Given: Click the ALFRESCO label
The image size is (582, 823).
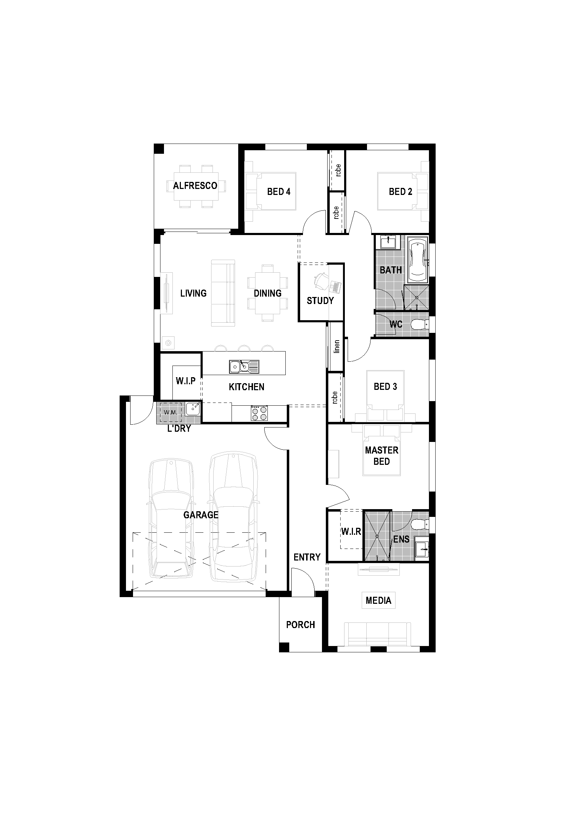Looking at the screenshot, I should pos(195,186).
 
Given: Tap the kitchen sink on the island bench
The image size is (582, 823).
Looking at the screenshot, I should pos(244,367).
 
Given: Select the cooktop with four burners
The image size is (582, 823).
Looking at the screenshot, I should pos(259,413).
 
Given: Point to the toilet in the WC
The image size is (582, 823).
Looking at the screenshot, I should pos(419,325).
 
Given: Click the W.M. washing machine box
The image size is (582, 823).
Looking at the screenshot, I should pos(171,412).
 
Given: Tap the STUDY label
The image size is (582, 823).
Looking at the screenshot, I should pos(320,301).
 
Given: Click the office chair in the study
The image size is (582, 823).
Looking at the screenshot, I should pos(321,280).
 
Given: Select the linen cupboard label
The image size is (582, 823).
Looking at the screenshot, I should pos(336,347).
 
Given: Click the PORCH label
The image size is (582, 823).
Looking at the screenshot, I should pos(300,625).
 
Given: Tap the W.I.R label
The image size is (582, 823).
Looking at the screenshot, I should pos(351,532).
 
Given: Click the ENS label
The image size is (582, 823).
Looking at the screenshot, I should pos(401,539).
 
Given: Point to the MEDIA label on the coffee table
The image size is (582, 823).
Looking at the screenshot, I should pos(379,600).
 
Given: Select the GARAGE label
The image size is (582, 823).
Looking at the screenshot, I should pos(201,515).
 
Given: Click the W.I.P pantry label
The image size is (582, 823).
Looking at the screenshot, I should pos(185,381).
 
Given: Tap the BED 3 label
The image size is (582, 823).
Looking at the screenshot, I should pos(385,386).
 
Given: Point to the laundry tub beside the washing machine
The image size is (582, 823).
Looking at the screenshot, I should pos(193,409).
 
